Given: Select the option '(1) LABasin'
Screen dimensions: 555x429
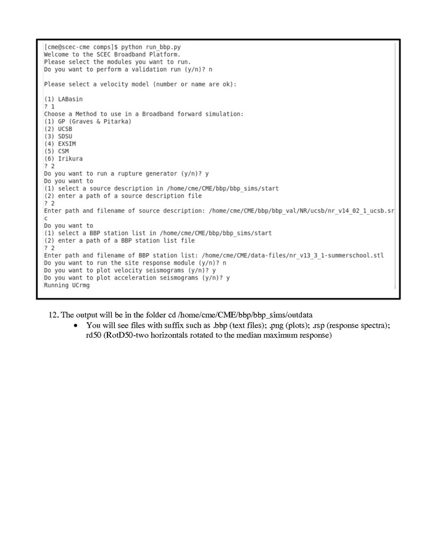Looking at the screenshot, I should (63, 99).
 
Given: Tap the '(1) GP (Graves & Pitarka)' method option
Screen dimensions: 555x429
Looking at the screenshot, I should (88, 121).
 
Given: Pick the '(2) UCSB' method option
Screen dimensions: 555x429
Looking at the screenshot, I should (58, 128).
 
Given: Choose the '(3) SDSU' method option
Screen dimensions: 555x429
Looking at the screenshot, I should (58, 136).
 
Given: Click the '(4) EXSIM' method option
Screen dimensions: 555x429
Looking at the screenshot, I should (60, 143).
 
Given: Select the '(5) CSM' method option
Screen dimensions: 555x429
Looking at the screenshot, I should (56, 151).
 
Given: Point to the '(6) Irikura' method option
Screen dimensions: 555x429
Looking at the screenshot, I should (63, 159).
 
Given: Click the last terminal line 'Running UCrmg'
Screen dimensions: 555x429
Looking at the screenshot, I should (65, 285).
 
